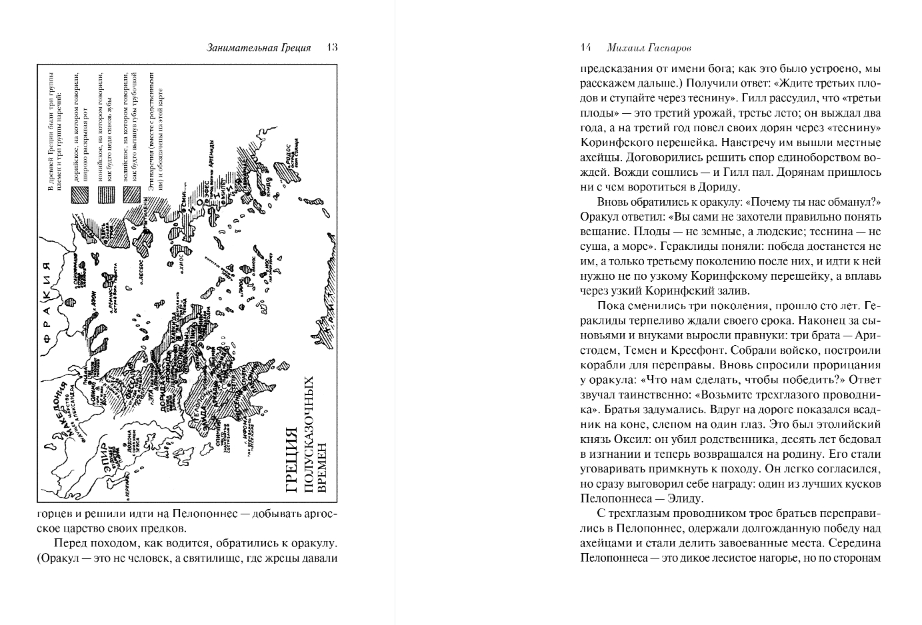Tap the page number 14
(586, 47)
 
